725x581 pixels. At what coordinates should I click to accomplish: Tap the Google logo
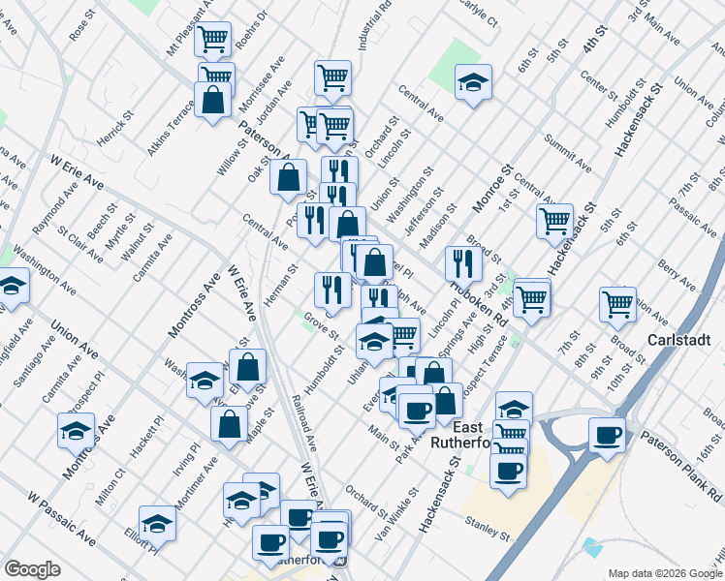(32, 569)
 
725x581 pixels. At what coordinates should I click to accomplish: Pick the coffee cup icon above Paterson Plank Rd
(608, 435)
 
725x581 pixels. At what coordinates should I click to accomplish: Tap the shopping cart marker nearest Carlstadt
(617, 304)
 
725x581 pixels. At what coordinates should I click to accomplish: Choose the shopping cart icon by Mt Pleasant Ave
(211, 40)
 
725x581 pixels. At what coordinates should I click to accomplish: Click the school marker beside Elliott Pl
(157, 524)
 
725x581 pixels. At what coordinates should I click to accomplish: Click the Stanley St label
(489, 530)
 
